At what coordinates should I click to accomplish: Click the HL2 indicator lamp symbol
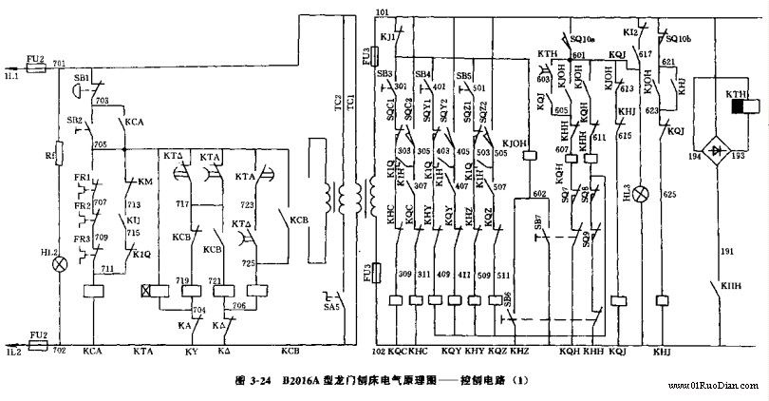coord(60,261)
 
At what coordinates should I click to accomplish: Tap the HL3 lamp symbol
coord(642,195)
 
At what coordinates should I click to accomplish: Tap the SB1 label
coord(81,76)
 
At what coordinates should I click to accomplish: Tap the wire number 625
coord(668,196)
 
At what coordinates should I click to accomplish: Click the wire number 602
coord(539,194)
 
